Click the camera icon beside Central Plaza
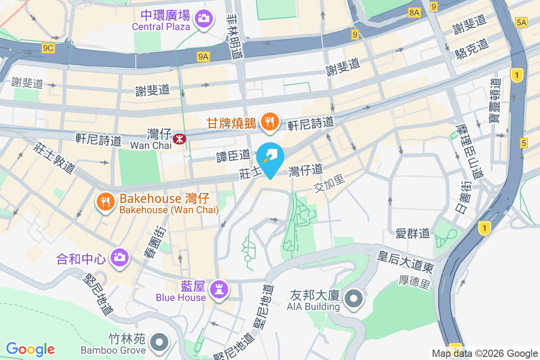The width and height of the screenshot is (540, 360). [x=203, y=18]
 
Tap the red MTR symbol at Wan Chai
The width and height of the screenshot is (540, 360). [x=180, y=139]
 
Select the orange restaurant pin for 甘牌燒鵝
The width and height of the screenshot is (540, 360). [x=270, y=121]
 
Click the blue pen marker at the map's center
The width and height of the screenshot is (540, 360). [x=270, y=158]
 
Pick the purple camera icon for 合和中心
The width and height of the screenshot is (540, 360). [x=119, y=257]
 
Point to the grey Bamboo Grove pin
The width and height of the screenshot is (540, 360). [x=158, y=342]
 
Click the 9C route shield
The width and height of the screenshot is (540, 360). [x=49, y=48]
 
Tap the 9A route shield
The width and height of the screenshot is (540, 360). [x=203, y=56]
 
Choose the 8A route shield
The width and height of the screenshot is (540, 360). [x=414, y=13]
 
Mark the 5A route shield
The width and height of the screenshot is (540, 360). [x=521, y=22]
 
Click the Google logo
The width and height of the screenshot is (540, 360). [x=31, y=349]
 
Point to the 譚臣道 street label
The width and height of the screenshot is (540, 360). [x=233, y=155]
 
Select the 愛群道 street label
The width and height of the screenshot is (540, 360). [x=413, y=233]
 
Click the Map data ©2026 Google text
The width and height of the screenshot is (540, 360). [x=485, y=353]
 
